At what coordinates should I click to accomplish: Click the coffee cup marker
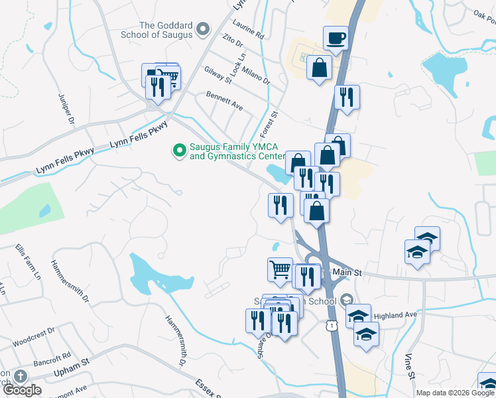[x=336, y=38]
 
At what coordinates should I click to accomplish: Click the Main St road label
[x=347, y=272]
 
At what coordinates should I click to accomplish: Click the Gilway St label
[x=218, y=75]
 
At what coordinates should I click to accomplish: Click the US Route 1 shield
[x=330, y=324]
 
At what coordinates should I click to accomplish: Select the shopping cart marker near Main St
[x=280, y=269]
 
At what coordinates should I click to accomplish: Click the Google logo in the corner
[x=22, y=390]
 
